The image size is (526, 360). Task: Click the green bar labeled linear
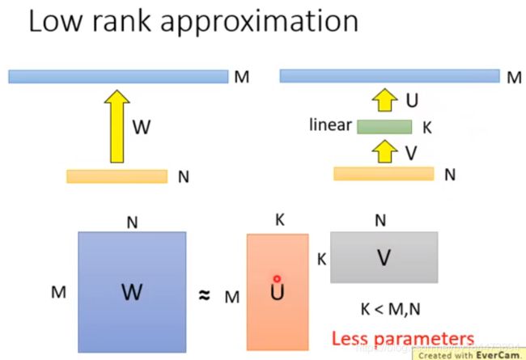pos(384,126)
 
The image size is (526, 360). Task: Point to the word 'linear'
pos(330,125)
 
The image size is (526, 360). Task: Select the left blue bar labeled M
pos(118,77)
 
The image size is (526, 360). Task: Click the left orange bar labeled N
pos(117,176)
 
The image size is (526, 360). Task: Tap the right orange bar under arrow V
pos(384,173)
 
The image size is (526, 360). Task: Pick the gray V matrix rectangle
pos(384,256)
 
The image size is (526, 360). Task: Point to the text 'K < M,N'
pos(384,308)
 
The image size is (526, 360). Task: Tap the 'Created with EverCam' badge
pos(468,354)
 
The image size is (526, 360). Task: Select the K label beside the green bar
pos(428,127)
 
